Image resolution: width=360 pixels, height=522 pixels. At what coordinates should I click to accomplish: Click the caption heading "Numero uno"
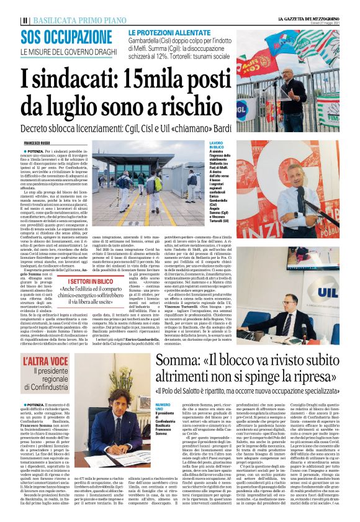pyautogui.click(x=162, y=406)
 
